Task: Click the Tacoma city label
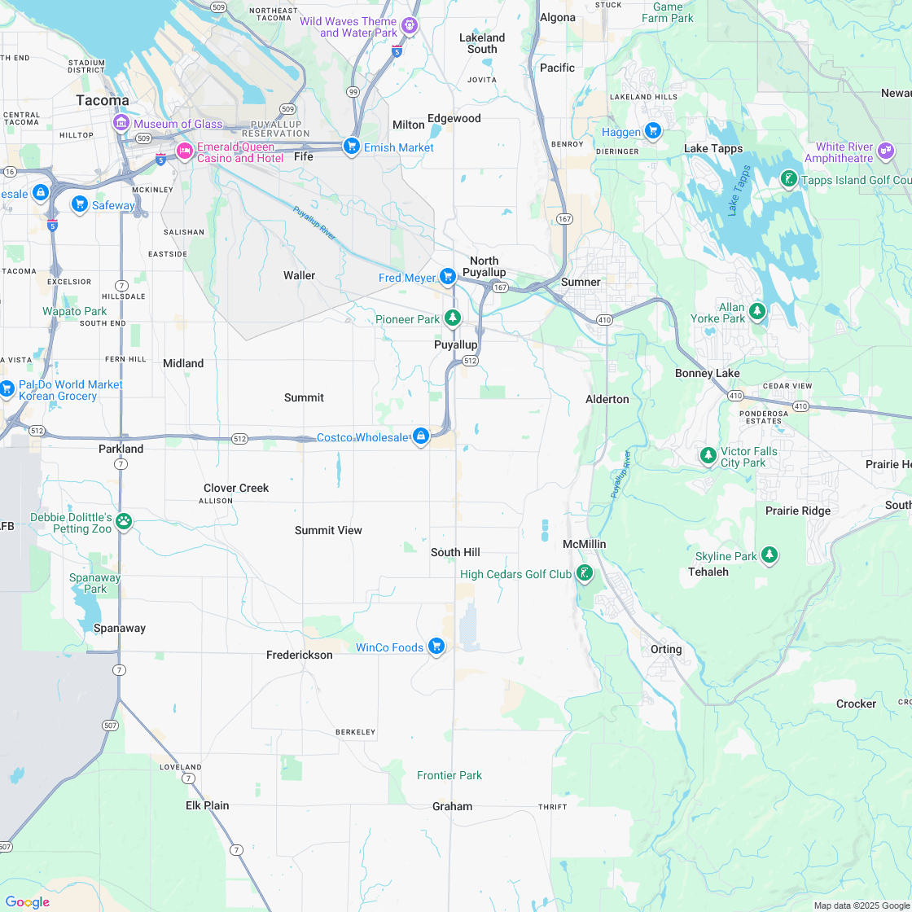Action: coord(103,100)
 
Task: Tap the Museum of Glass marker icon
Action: coord(121,124)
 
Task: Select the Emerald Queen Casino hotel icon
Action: coord(185,151)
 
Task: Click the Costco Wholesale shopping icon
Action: coord(420,437)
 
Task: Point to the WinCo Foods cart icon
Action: coord(436,647)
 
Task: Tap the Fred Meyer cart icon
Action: coord(447,277)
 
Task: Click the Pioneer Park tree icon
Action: coord(453,318)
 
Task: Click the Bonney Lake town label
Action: coord(707,373)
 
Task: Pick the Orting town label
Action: coord(666,649)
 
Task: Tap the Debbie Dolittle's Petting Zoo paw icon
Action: coord(124,521)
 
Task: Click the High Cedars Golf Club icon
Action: coord(585,574)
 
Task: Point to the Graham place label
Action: coord(452,806)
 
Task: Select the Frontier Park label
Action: coord(449,775)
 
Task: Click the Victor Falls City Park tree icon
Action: coord(708,456)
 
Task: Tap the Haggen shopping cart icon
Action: coord(652,131)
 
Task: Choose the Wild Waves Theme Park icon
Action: coord(410,26)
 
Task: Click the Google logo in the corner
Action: coord(27,901)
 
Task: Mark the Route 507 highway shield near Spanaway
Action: coord(110,725)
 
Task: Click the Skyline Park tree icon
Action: coord(769,556)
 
